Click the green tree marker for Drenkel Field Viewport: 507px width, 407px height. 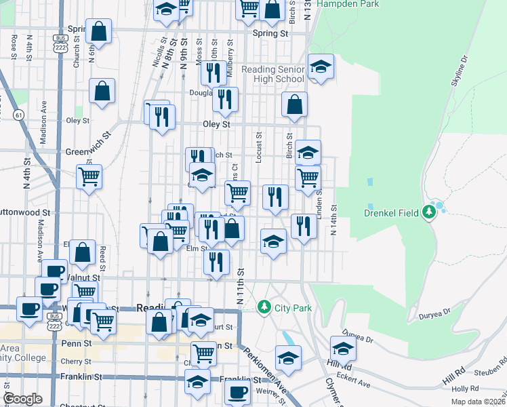(428, 212)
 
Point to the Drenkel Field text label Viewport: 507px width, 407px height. (392, 213)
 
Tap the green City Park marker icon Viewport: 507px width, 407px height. (264, 307)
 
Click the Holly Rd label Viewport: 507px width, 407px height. (465, 389)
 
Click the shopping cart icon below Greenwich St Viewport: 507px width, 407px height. (89, 177)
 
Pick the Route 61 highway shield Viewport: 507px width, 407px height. (18, 115)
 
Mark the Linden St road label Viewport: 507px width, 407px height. (319, 200)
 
